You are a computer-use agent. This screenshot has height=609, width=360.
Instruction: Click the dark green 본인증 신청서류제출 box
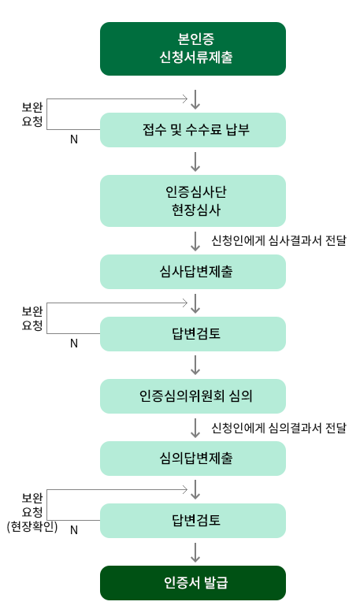click(193, 49)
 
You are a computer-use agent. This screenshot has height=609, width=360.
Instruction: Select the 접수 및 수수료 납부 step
click(193, 130)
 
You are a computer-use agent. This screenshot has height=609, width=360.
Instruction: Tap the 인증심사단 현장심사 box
click(193, 201)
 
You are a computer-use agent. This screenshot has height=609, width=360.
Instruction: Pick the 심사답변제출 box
click(193, 272)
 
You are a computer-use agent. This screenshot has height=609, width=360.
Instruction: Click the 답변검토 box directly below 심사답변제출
click(193, 334)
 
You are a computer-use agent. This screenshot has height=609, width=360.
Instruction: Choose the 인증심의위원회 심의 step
click(193, 396)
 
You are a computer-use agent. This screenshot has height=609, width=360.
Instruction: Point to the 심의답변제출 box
click(193, 459)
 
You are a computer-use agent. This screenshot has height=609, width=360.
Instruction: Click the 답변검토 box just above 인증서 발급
click(193, 521)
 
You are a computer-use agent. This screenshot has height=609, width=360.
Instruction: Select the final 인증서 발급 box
click(193, 583)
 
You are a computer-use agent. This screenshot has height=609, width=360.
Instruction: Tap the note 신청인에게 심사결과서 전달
click(278, 241)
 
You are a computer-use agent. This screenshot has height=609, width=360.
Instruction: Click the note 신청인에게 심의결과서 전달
click(278, 428)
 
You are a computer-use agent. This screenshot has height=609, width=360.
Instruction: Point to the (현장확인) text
click(32, 526)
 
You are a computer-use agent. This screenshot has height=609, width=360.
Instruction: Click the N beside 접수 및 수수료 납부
click(74, 139)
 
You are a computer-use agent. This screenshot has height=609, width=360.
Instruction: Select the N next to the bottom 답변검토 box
click(74, 529)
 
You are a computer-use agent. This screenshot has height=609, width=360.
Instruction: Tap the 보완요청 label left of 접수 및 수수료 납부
click(32, 114)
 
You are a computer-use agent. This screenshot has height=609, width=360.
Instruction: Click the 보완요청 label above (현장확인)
click(32, 505)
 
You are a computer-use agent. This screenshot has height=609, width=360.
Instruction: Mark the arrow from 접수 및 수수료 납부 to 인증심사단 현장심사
click(195, 162)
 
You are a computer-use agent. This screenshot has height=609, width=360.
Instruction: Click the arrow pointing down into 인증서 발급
click(195, 552)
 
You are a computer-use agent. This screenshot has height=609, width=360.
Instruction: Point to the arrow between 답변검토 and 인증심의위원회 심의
click(195, 365)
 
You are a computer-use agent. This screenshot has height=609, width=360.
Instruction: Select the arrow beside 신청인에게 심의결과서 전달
click(195, 428)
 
